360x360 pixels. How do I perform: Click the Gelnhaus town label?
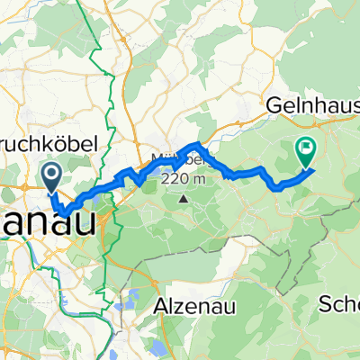click(x=311, y=105)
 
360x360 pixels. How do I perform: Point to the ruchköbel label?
click(x=54, y=144)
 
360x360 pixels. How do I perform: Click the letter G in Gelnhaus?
click(x=272, y=105)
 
